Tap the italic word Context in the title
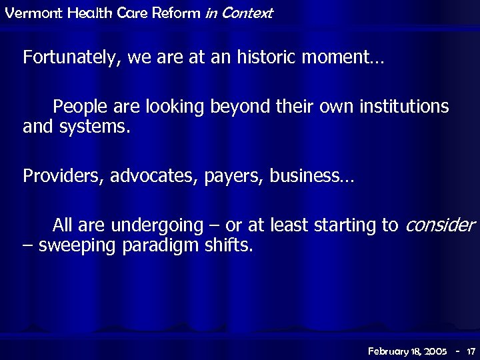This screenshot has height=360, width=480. [249, 13]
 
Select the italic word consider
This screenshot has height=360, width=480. [441, 225]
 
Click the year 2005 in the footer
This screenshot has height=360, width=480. [433, 351]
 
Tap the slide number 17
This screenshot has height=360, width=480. [470, 351]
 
